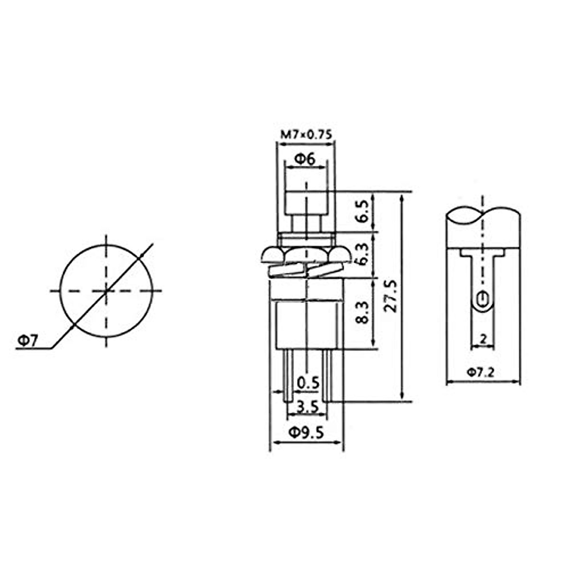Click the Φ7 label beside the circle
[28, 341]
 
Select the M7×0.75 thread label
[306, 135]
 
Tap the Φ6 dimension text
[305, 159]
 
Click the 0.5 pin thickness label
[308, 383]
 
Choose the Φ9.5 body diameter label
[306, 433]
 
